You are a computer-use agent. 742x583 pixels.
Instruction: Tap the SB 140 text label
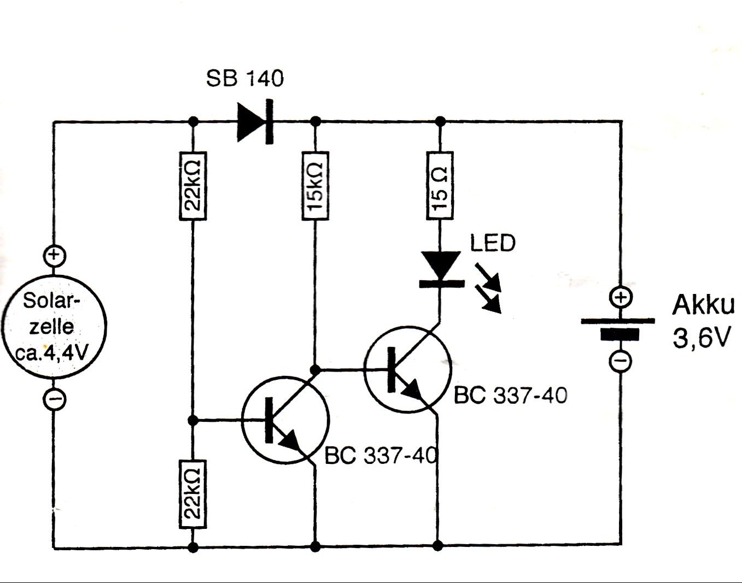pos(245,79)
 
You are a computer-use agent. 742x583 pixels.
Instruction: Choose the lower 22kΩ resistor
pos(192,494)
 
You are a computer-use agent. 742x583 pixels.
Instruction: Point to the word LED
pos(493,243)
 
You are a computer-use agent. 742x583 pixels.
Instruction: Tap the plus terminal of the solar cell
pos(54,256)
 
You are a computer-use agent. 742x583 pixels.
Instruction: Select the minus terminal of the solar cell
pos(54,399)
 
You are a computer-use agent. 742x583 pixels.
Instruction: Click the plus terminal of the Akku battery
pos(620,298)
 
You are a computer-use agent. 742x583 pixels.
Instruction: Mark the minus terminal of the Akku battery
pos(620,361)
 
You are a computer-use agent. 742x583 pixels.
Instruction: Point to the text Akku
pos(703,305)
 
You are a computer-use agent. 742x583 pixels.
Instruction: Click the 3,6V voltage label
pos(702,339)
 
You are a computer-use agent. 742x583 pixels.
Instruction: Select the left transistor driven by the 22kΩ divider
pos(285,420)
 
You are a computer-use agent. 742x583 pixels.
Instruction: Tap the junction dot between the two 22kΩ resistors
pos(192,420)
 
